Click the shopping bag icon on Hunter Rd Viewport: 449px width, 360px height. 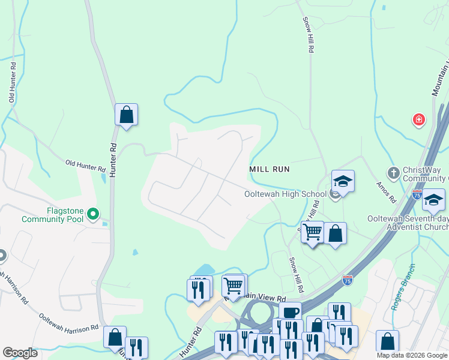127,114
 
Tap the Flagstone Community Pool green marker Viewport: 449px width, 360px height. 92,213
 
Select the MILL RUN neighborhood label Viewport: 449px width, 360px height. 270,170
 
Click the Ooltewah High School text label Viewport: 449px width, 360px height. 285,194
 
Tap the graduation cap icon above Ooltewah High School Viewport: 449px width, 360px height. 342,181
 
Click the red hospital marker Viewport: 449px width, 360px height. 418,120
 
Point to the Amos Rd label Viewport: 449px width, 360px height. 385,191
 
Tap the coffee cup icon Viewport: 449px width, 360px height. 291,313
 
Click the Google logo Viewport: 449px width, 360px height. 20,353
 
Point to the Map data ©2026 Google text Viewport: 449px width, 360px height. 412,355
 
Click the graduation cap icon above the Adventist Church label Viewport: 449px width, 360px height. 433,199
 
